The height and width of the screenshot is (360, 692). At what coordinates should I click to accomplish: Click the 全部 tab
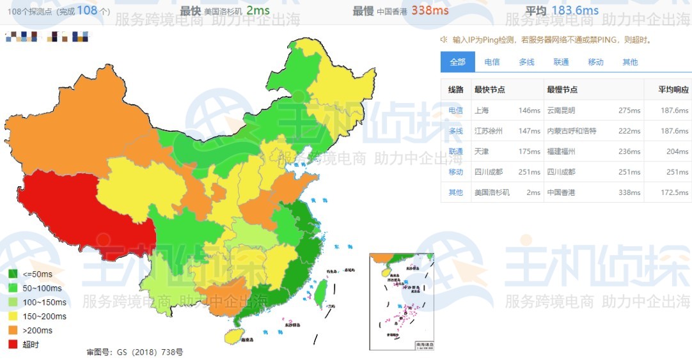click(457, 62)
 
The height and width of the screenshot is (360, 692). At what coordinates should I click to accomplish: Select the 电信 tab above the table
click(492, 62)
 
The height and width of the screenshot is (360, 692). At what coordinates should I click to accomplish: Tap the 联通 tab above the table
click(561, 62)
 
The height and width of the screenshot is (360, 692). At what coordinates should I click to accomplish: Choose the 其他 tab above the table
click(630, 62)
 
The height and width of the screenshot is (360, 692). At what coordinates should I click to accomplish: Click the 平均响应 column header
click(673, 90)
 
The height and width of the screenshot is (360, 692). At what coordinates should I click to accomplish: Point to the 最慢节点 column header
click(562, 90)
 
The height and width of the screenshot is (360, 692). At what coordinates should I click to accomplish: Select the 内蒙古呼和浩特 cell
click(571, 130)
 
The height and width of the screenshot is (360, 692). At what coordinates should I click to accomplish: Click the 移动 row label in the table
click(455, 171)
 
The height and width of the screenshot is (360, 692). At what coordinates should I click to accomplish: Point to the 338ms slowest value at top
click(430, 10)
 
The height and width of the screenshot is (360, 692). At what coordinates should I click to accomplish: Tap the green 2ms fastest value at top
click(258, 10)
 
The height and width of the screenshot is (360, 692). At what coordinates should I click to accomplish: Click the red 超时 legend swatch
click(13, 344)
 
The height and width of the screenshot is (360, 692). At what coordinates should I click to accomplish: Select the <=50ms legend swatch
click(13, 274)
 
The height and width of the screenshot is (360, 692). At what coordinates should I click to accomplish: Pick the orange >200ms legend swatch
click(13, 330)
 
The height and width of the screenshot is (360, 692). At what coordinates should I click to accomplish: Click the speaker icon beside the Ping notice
click(444, 40)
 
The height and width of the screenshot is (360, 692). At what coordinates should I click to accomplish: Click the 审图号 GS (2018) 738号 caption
click(135, 352)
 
